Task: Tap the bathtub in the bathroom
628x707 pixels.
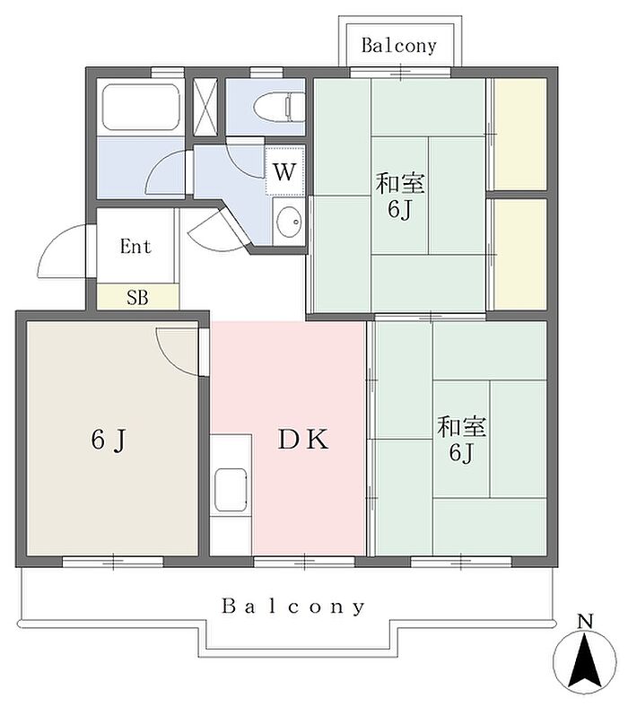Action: [140, 108]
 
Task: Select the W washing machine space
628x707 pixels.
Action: [284, 170]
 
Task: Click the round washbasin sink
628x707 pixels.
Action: [289, 222]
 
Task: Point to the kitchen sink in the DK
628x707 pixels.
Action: [231, 490]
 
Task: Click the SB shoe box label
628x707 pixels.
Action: [137, 298]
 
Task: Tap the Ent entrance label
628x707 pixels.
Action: [135, 246]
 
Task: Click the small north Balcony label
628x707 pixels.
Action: [399, 46]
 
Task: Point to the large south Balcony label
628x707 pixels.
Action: [293, 607]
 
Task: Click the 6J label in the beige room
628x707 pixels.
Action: [109, 440]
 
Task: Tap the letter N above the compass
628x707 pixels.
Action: [585, 622]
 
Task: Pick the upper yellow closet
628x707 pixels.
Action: [520, 134]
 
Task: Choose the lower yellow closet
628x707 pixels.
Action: [520, 254]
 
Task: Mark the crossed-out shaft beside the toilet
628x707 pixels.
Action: [205, 107]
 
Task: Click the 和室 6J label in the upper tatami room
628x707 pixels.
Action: [400, 196]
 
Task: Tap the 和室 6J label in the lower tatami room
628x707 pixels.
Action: [461, 440]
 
